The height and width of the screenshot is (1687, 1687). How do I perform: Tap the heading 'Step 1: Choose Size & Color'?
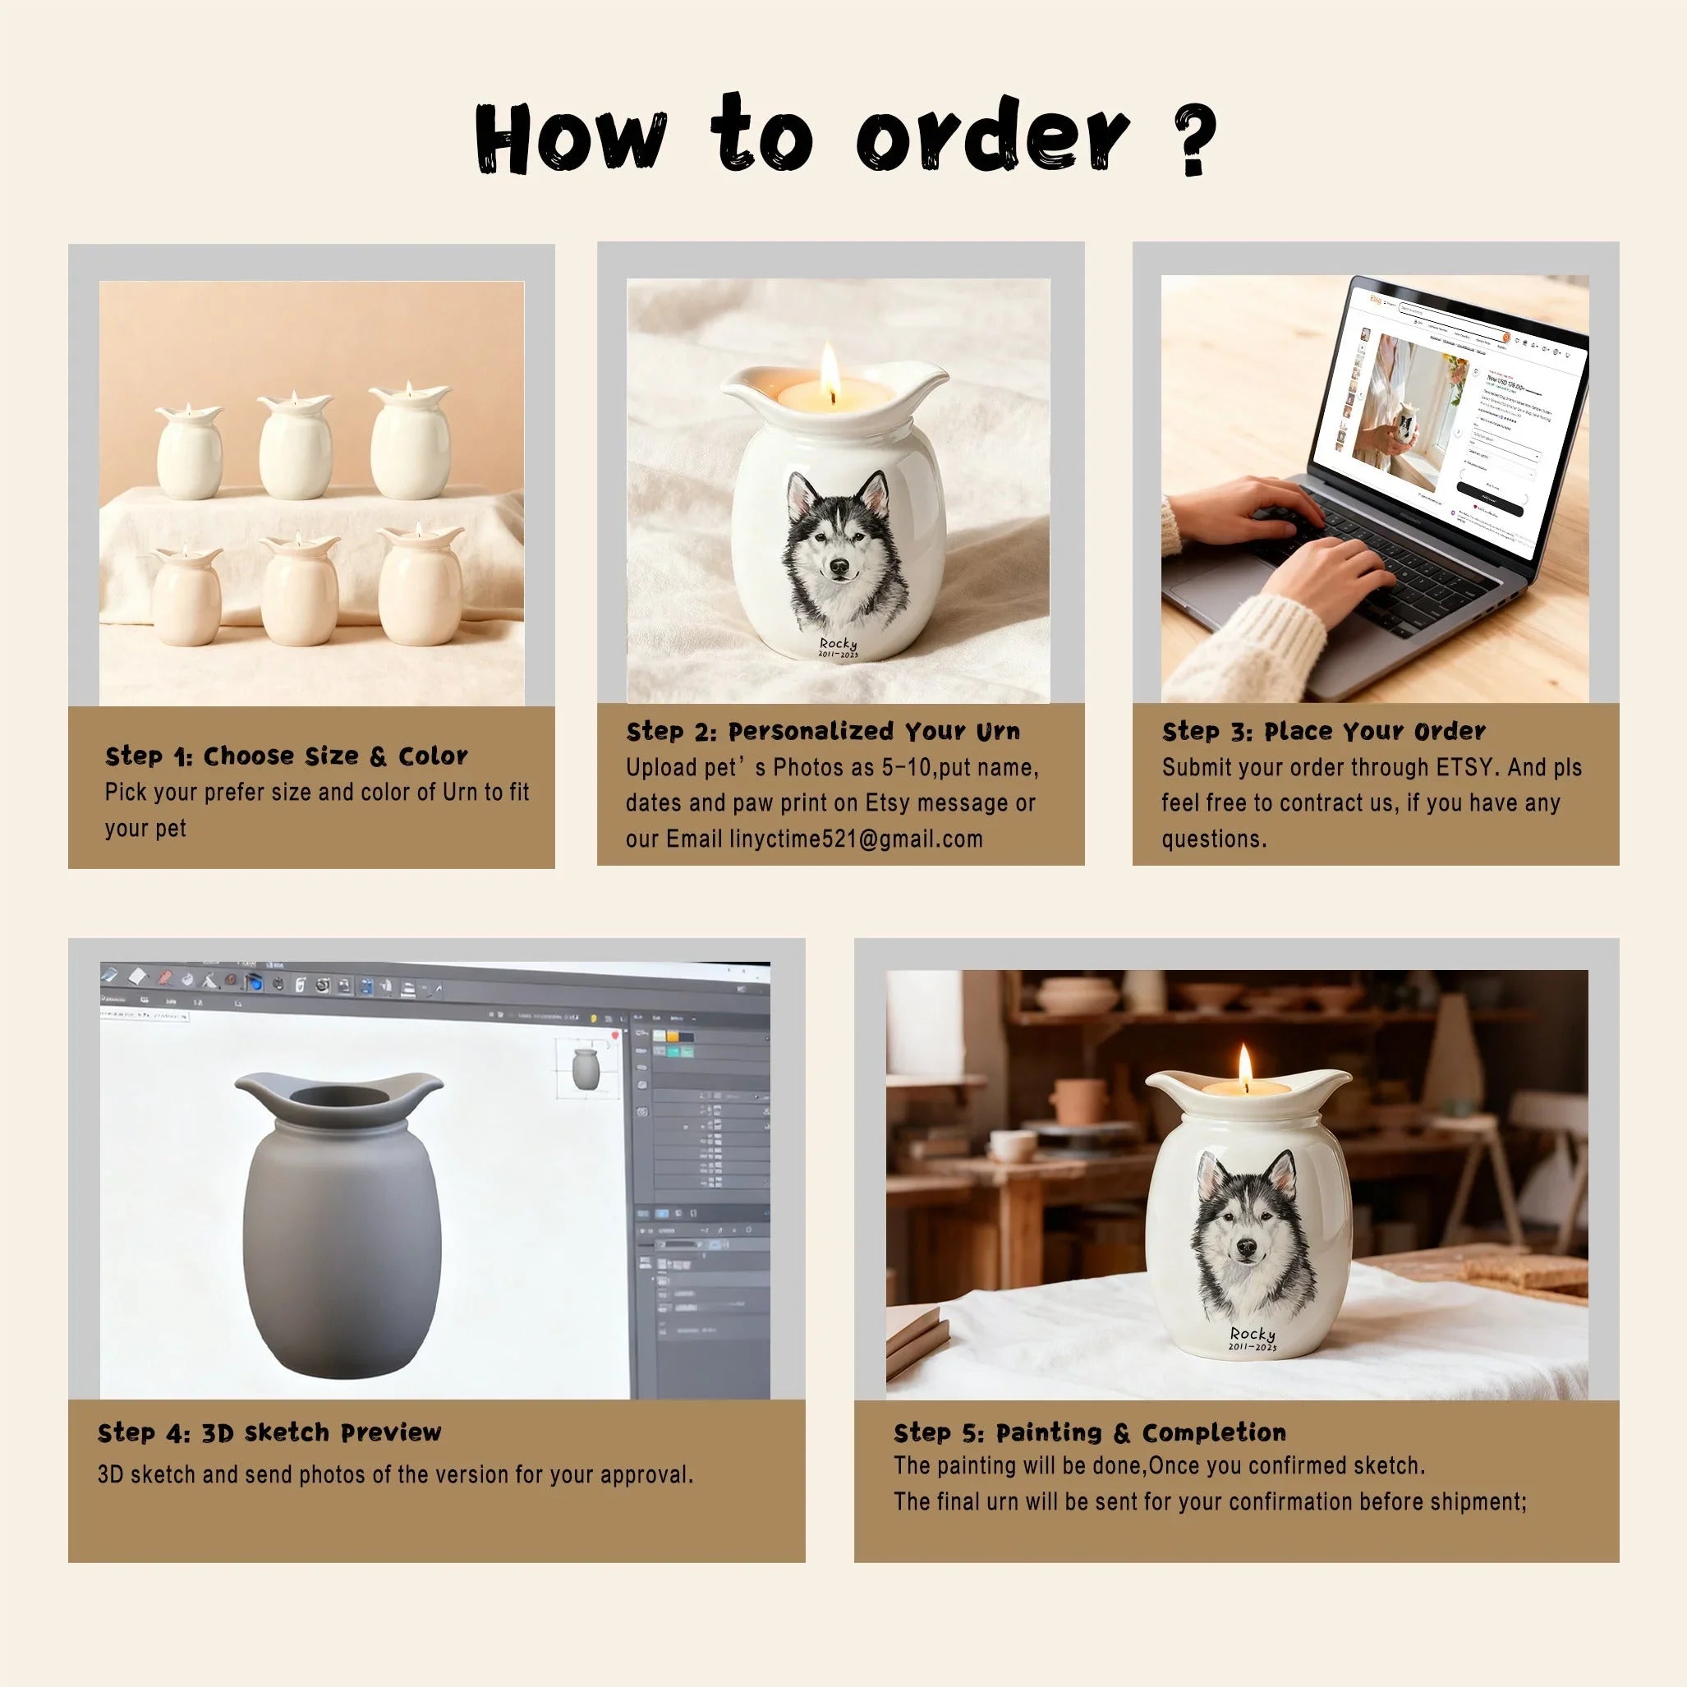point(286,756)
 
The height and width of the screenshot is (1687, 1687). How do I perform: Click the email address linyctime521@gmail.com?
point(856,839)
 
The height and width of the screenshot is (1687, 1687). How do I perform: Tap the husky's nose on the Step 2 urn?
point(839,568)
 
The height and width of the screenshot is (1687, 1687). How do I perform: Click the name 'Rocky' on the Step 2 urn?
point(838,644)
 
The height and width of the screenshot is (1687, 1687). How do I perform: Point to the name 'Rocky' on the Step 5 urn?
point(1253,1333)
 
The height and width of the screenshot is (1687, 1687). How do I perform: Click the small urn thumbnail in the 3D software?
point(584,1069)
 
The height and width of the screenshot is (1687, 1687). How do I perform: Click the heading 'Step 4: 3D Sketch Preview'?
point(269,1433)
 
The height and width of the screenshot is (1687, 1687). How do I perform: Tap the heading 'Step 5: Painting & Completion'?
point(1089,1433)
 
